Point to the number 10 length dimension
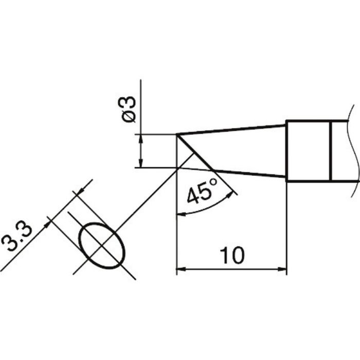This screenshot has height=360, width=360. (231, 256)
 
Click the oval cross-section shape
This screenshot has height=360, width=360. (102, 245)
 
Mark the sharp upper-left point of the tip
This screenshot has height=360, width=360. (177, 135)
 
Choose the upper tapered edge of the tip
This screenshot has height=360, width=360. (231, 130)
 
